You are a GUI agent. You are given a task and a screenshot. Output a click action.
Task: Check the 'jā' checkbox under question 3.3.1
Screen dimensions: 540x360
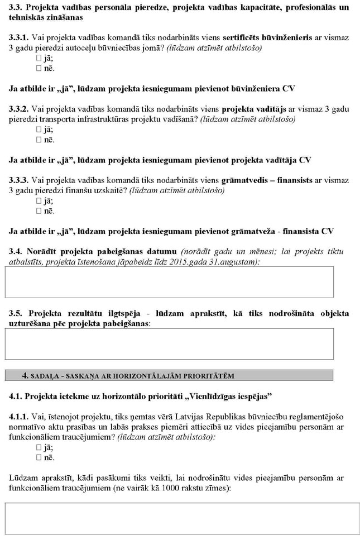coord(39,58)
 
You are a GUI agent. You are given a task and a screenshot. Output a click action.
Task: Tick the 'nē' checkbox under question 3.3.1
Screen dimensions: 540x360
coord(39,68)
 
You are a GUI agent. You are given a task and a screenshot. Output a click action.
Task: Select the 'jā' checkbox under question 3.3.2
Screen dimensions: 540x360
coord(39,130)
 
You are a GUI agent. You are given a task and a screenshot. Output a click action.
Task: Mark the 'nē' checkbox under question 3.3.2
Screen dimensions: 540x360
coord(39,140)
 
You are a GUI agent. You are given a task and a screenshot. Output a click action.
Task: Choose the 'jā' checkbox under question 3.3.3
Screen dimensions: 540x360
coord(39,201)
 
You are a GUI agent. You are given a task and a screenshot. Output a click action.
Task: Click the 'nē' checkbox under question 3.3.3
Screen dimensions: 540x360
coord(39,211)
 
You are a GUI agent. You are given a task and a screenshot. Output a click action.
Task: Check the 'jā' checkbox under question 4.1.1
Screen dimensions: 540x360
coord(39,448)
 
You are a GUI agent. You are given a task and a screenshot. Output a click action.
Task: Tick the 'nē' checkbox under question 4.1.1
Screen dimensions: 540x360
coord(39,458)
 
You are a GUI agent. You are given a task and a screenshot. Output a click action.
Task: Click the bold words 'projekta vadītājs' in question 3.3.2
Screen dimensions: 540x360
coord(255,109)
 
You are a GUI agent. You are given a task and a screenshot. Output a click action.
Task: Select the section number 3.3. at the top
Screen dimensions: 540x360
coord(16,7)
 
